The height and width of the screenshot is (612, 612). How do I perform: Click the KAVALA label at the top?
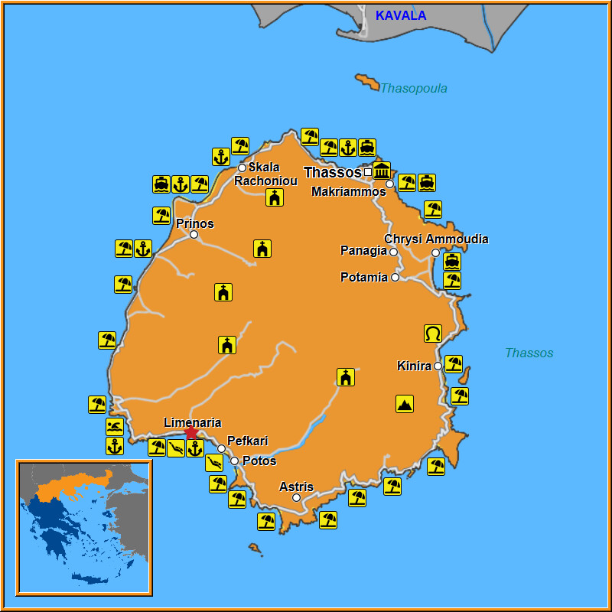coord(401,15)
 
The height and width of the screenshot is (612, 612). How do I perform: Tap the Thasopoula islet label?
coord(413,88)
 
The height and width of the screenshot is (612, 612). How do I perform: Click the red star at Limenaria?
coord(191,433)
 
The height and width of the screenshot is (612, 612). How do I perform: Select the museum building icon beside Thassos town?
coord(382,171)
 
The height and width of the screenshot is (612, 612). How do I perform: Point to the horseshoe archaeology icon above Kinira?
coord(433,334)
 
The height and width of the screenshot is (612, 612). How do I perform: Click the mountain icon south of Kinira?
coord(405,404)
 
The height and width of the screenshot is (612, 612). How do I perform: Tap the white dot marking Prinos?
coord(194,235)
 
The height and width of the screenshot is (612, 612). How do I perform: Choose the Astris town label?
coord(296,487)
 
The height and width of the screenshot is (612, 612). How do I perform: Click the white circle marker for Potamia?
coord(396,277)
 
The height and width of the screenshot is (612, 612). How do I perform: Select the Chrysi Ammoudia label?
coord(436,239)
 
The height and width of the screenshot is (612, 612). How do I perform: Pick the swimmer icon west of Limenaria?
coord(115,427)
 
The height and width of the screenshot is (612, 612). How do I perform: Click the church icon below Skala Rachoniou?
coord(275,198)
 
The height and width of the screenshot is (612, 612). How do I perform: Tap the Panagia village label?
coord(363,251)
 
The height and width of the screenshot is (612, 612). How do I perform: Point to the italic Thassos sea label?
coord(529,353)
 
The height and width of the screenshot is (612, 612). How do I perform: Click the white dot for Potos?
coord(235,461)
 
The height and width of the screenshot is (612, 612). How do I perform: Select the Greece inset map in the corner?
coord(84,527)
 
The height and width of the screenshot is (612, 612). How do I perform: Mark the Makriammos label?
coord(349,192)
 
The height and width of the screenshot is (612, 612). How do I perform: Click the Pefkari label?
coord(248,441)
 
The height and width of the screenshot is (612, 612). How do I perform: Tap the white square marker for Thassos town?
coord(368,172)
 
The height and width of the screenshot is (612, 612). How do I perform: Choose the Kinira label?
coord(414,366)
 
